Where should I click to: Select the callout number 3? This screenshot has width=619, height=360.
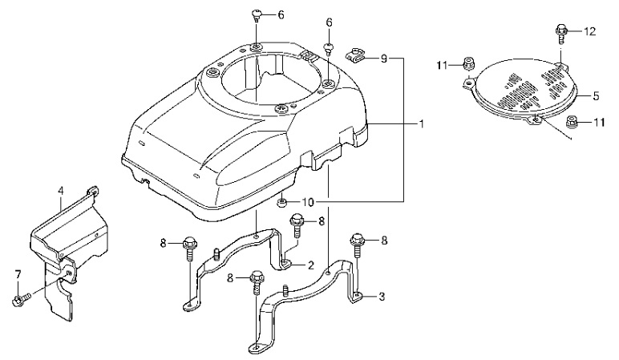point(382,297)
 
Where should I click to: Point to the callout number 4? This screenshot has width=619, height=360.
point(60,191)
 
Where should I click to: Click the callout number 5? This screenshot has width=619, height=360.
point(597,95)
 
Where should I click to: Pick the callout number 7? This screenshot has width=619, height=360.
point(17,275)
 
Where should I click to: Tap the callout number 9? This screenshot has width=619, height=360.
point(384,59)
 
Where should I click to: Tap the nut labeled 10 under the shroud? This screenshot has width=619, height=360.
point(284,202)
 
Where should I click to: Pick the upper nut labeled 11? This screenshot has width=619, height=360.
point(467,64)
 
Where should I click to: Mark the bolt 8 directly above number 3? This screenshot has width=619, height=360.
point(358,241)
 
